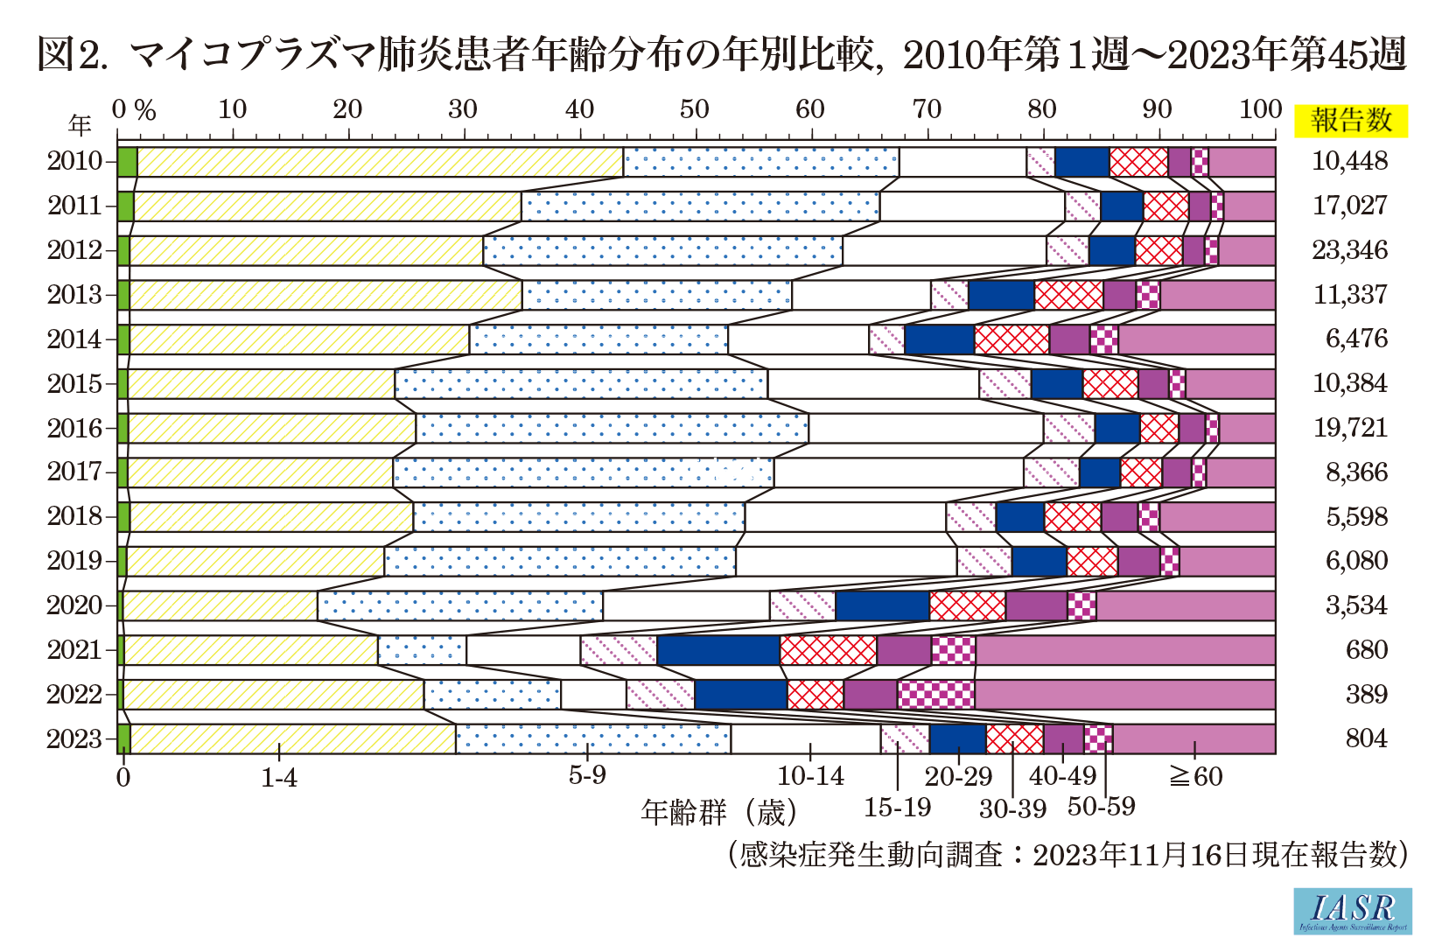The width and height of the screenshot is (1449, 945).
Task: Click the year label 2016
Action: click(x=74, y=428)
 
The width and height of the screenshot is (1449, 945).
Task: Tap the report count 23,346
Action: click(x=1349, y=250)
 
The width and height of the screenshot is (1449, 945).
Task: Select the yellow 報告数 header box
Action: click(x=1351, y=121)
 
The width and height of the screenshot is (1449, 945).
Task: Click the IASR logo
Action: click(x=1352, y=911)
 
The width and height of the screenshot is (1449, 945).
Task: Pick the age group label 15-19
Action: click(x=897, y=807)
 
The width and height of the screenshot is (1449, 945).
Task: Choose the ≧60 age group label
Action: click(x=1196, y=776)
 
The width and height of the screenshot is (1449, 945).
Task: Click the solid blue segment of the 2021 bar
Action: click(x=717, y=650)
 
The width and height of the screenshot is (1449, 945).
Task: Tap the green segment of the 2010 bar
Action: click(x=127, y=162)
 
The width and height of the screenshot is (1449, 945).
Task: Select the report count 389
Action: click(x=1366, y=694)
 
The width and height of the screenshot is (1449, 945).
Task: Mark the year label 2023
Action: click(x=74, y=738)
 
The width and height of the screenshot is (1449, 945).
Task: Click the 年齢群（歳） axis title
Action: click(x=718, y=812)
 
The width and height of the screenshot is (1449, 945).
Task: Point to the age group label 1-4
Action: click(x=279, y=777)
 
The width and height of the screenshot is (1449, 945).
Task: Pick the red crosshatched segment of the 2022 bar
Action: click(x=815, y=694)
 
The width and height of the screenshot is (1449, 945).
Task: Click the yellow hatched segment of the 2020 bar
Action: click(x=220, y=605)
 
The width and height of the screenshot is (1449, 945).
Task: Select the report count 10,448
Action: click(x=1349, y=161)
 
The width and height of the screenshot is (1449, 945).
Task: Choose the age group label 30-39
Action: click(x=1012, y=808)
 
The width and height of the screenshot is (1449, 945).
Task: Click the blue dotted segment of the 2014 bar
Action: click(x=598, y=339)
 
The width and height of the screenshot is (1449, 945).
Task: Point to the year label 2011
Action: click(x=74, y=206)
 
